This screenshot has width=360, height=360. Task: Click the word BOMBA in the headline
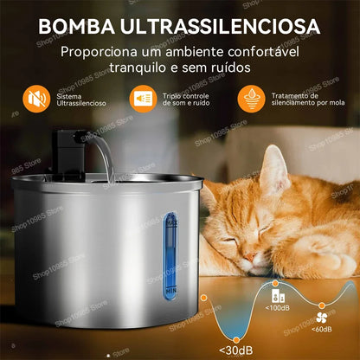pyautogui.click(x=76, y=27)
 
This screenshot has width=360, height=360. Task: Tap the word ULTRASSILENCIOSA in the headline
pyautogui.click(x=221, y=27)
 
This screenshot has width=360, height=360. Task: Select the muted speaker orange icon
pyautogui.click(x=36, y=99)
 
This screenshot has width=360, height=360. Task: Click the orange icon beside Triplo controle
pyautogui.click(x=143, y=99)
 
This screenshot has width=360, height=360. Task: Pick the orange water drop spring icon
pyautogui.click(x=252, y=99)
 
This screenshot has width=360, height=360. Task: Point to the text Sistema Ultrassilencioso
pyautogui.click(x=81, y=100)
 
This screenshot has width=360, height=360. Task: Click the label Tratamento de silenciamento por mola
pyautogui.click(x=308, y=100)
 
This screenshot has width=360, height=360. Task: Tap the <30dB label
pyautogui.click(x=236, y=350)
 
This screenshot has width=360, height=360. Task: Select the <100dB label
pyautogui.click(x=277, y=308)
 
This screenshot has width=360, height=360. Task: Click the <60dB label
pyautogui.click(x=322, y=329)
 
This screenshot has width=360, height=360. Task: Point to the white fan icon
pyautogui.click(x=321, y=318)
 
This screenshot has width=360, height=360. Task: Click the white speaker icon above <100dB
pyautogui.click(x=279, y=296)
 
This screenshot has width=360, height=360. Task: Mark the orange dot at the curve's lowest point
pyautogui.click(x=236, y=340)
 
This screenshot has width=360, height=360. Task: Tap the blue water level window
pyautogui.click(x=170, y=256)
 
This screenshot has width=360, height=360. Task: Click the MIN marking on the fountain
pyautogui.click(x=171, y=290)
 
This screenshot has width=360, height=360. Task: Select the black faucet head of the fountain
pyautogui.click(x=69, y=150)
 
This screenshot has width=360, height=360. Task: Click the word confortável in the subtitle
pyautogui.click(x=263, y=52)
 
